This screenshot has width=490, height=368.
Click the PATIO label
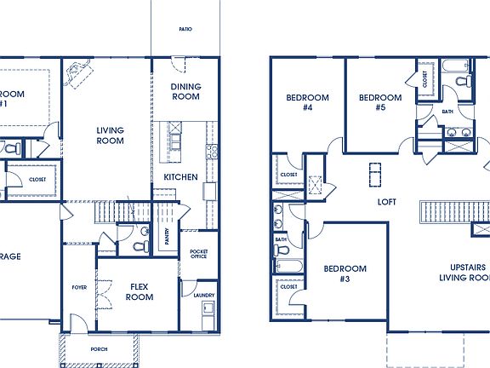pos(185,29)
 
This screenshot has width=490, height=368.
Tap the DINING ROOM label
pos(185,91)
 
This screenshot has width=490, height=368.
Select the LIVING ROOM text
pos(110,135)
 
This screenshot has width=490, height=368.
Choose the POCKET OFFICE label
pos(199,255)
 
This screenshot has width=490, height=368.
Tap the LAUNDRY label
pos(203,296)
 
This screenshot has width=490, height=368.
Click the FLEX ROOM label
pos(140,292)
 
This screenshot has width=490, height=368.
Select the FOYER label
pos(79,288)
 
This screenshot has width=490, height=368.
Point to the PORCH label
pos(100,349)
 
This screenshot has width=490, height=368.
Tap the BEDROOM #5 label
pos(379,103)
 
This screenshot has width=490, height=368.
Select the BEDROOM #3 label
pos(345,273)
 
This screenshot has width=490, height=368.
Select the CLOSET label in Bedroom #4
pos(289,175)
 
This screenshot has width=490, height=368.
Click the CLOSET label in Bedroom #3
pos(289,287)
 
